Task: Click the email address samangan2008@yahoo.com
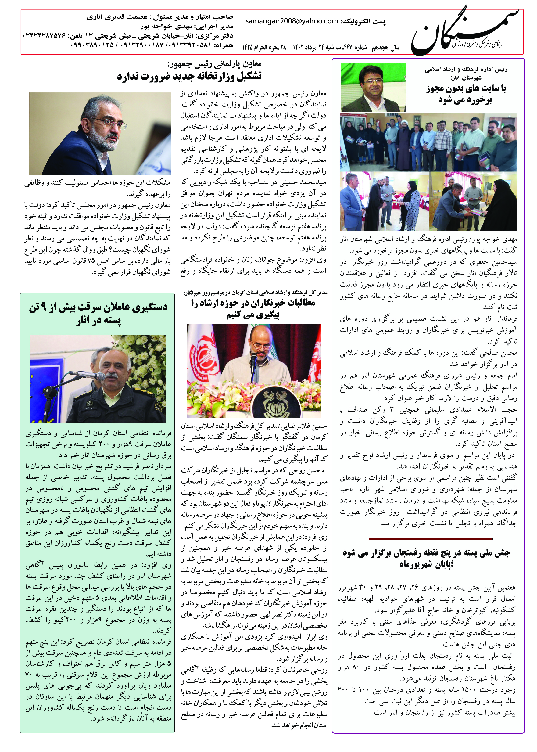292,21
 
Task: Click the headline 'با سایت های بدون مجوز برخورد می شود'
466,94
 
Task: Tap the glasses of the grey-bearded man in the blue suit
116,123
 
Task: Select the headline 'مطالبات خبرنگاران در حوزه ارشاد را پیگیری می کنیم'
253,308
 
